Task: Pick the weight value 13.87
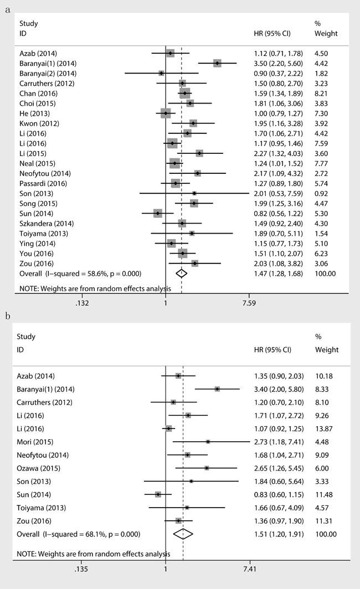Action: (x=324, y=428)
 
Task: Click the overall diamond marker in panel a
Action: (x=181, y=273)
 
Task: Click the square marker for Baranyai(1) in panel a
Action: (x=217, y=63)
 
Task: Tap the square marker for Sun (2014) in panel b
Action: (x=158, y=494)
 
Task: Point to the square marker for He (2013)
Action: (x=166, y=113)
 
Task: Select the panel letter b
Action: (x=8, y=316)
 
